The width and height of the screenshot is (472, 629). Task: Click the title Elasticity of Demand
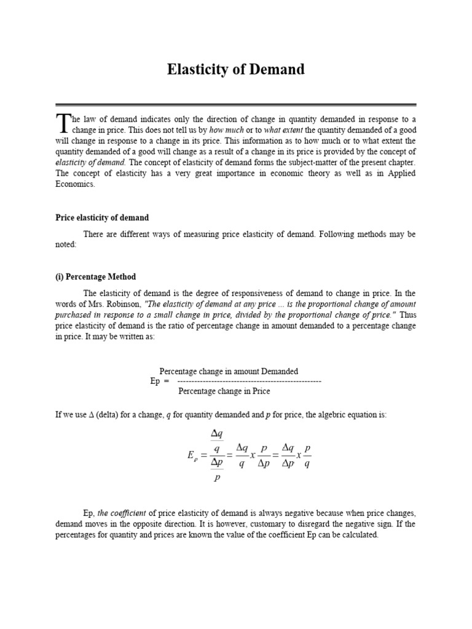coord(235,69)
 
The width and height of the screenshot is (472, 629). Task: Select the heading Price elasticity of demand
coord(102,217)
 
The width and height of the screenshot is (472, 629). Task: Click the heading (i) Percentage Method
coord(95,276)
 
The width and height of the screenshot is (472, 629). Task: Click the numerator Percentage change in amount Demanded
coord(229,371)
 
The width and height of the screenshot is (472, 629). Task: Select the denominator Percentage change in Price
coord(224,391)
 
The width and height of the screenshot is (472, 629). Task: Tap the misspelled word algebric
coord(315,415)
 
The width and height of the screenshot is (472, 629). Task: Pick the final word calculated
coord(357,534)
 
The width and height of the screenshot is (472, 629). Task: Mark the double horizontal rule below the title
coord(235,105)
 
